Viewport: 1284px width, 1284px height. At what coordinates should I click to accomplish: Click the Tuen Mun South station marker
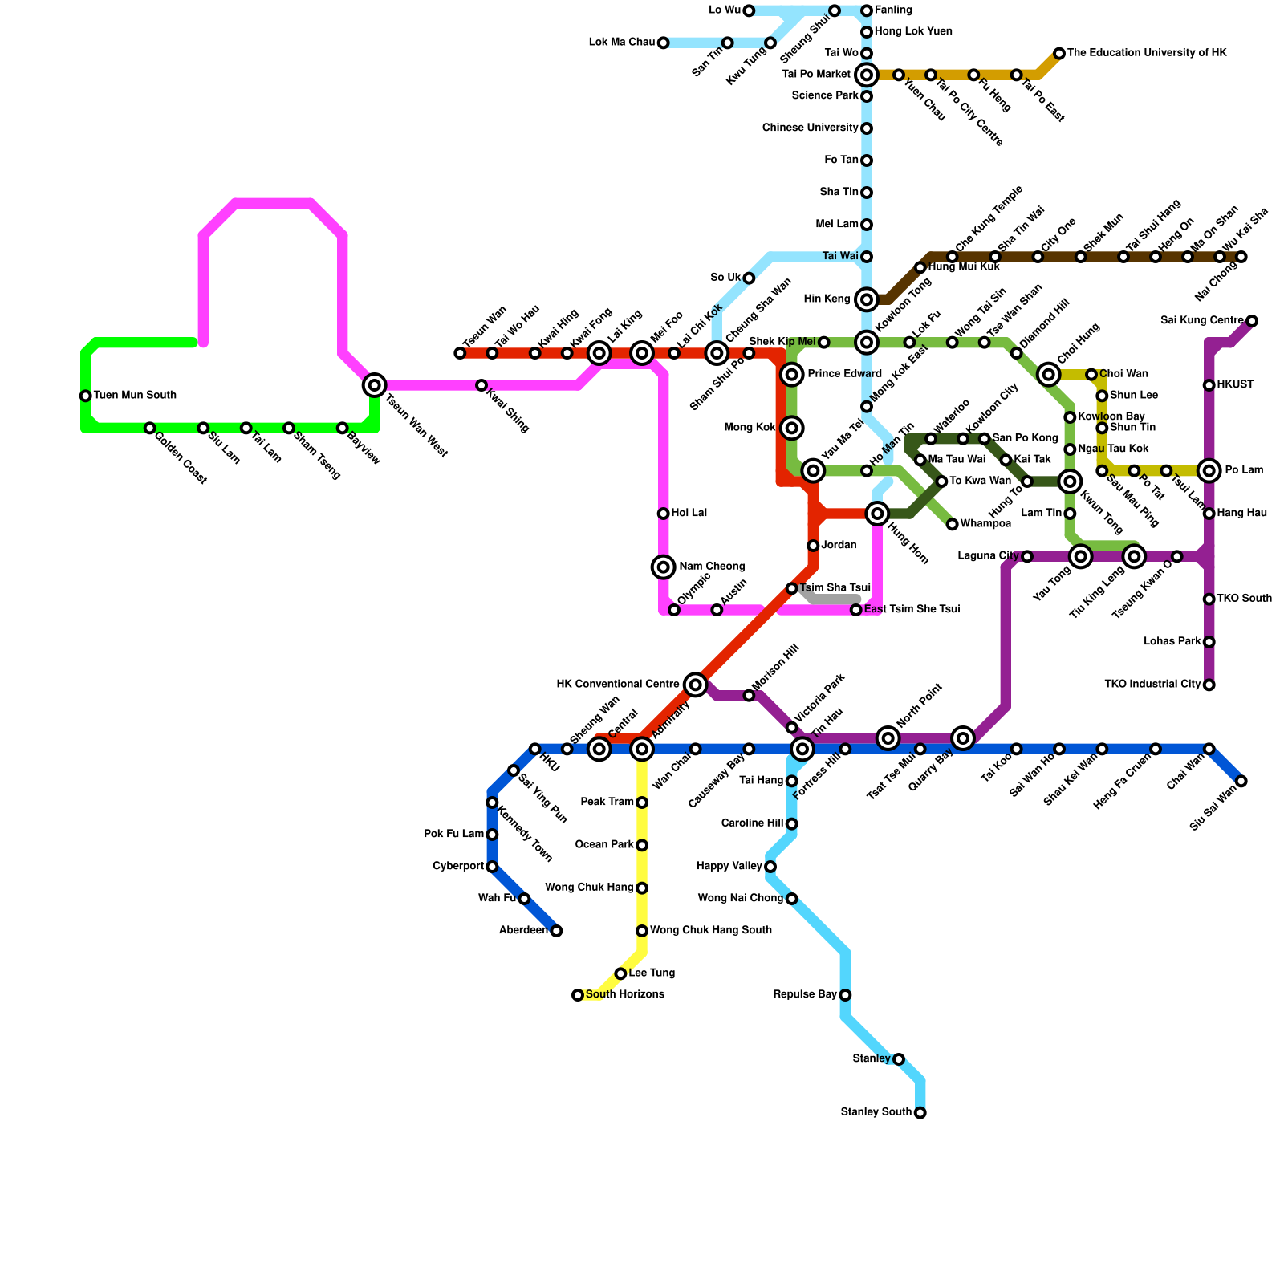point(85,396)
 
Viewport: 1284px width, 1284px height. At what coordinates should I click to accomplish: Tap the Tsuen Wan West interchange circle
point(374,385)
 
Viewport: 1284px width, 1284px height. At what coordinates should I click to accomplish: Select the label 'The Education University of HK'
point(1147,53)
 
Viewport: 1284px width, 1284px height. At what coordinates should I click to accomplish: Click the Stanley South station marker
point(920,1112)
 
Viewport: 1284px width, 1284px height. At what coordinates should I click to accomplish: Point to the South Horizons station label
point(624,995)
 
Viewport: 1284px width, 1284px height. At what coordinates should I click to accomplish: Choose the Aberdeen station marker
point(556,931)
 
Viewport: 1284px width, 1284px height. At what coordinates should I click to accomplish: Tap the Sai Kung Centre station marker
point(1252,321)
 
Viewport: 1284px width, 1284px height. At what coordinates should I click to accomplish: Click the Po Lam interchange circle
point(1209,470)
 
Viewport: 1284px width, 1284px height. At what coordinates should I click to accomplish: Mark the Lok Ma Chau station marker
point(663,43)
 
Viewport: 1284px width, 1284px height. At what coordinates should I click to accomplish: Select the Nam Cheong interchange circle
point(663,567)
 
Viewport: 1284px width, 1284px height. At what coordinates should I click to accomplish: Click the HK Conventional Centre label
point(618,685)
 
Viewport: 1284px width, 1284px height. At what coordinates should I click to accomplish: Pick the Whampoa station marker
point(952,524)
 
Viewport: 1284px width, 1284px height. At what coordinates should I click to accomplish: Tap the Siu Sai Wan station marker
point(1241,781)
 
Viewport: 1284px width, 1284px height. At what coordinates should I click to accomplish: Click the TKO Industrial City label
point(1152,685)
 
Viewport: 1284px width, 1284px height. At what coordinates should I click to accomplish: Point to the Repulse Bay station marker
point(845,995)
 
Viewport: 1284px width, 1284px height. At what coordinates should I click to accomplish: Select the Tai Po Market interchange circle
point(867,75)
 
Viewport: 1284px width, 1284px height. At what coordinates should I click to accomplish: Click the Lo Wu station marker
point(749,10)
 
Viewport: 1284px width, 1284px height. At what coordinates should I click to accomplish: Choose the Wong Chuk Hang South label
point(710,931)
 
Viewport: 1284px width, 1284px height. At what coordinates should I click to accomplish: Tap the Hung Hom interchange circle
point(877,514)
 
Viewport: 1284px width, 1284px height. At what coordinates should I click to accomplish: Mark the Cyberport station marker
point(492,867)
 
